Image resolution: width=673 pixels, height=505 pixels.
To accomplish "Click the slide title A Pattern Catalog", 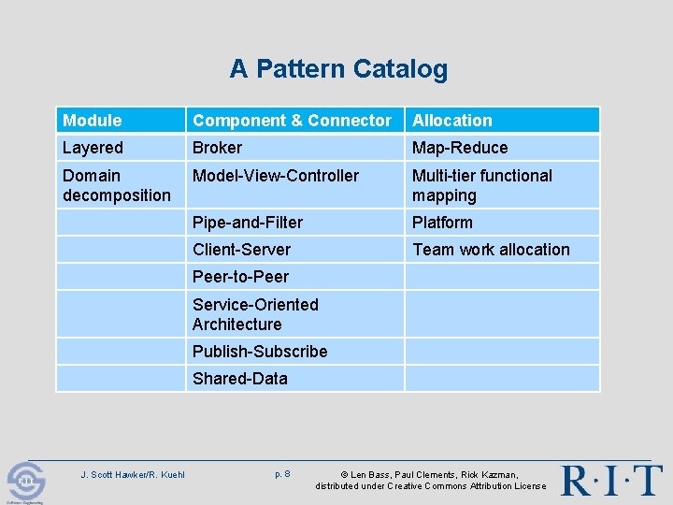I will [x=338, y=69].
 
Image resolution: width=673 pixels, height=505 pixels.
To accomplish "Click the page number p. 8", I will [x=282, y=474].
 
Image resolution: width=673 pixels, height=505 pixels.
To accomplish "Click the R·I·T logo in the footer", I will [x=611, y=479].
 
